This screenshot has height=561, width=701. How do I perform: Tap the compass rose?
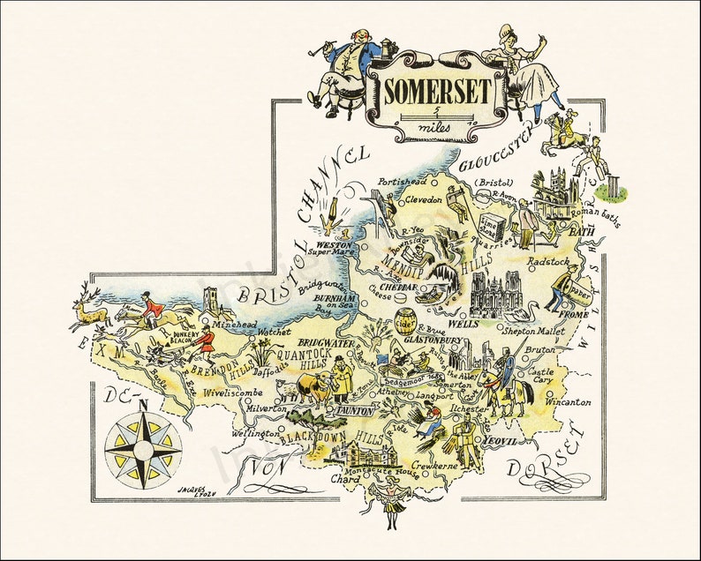click(x=143, y=444)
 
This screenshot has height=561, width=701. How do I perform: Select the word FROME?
click(x=572, y=313)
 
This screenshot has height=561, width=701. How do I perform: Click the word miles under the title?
click(x=436, y=129)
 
